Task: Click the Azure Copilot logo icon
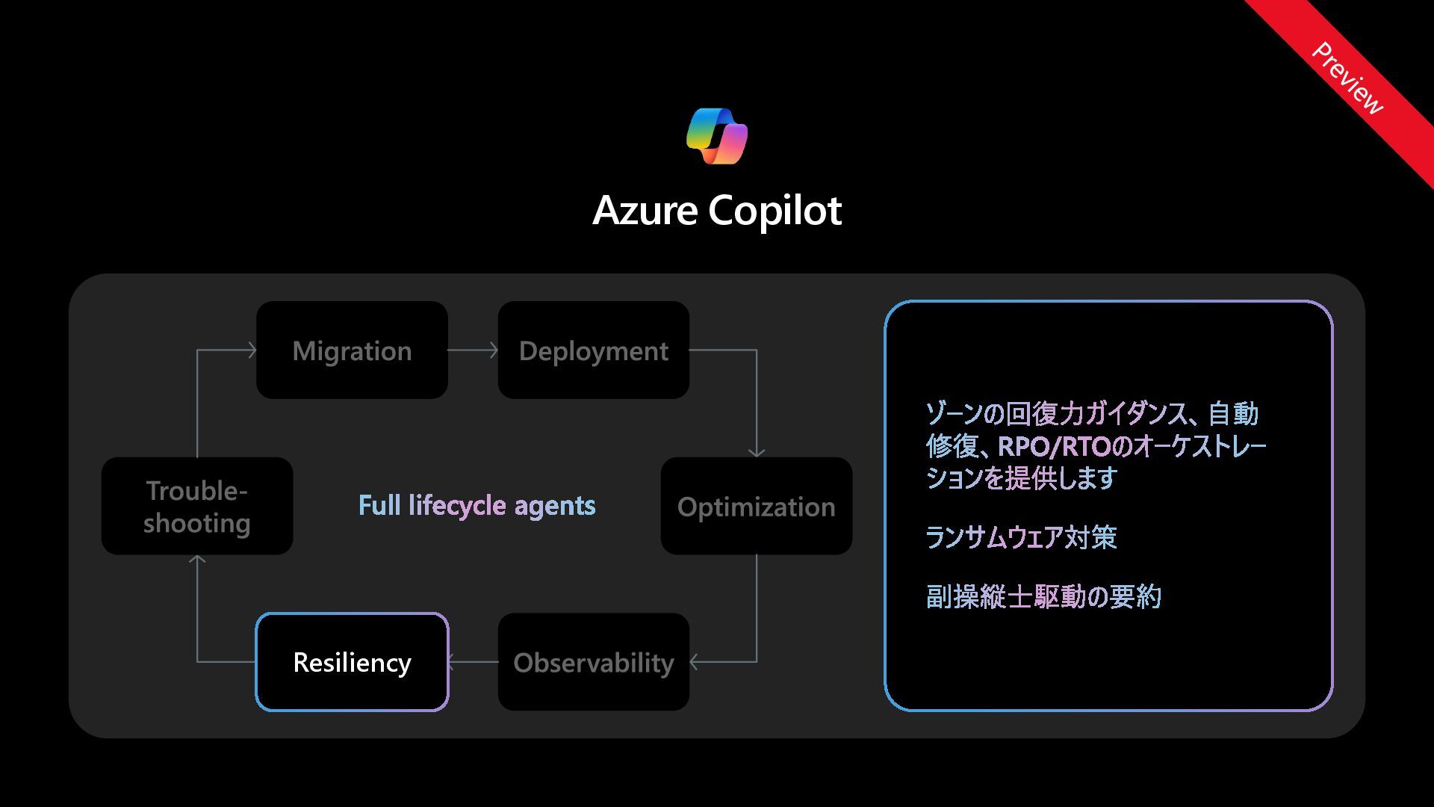point(717,136)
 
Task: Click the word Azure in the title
point(645,210)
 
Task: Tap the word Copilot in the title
point(775,210)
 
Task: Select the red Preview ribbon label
point(1347,78)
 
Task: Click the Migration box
point(352,350)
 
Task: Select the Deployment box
point(594,350)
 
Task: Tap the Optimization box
point(756,507)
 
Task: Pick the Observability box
point(594,662)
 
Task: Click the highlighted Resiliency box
point(352,662)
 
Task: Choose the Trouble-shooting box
point(197,507)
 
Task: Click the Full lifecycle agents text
point(477,506)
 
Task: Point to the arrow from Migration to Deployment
point(473,350)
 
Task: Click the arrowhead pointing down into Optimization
point(757,451)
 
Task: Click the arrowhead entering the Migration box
point(251,350)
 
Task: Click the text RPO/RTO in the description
point(1054,446)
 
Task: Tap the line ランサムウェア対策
point(1021,537)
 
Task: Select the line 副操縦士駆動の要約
point(1043,596)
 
